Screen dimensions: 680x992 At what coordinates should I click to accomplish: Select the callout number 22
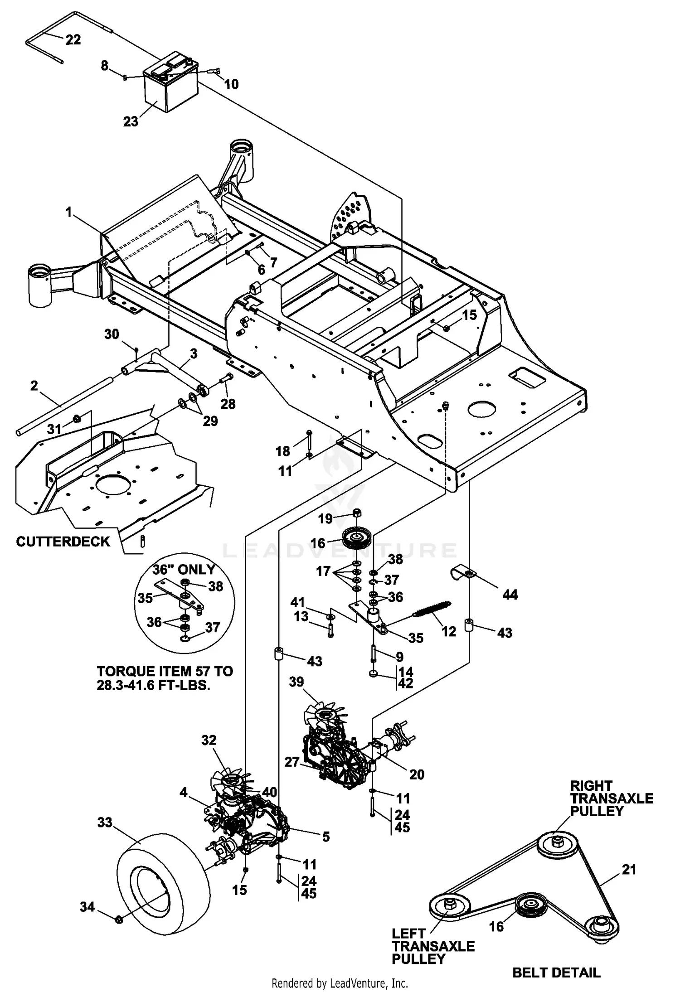(x=73, y=39)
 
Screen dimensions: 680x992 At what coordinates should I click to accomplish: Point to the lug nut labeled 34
(x=119, y=919)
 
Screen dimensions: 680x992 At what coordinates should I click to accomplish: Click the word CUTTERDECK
(x=63, y=542)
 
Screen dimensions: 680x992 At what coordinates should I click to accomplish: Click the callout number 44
(x=510, y=594)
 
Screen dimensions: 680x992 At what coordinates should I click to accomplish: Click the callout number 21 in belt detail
(x=629, y=869)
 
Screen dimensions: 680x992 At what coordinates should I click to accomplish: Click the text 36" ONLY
(x=184, y=570)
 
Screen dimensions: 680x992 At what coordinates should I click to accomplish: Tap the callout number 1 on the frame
(x=69, y=212)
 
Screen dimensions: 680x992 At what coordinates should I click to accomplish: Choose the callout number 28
(x=228, y=403)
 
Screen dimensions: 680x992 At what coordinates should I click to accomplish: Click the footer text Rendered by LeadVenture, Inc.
(x=340, y=983)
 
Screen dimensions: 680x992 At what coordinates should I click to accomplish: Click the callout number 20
(x=417, y=774)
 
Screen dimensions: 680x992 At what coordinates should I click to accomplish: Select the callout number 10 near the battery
(x=231, y=84)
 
